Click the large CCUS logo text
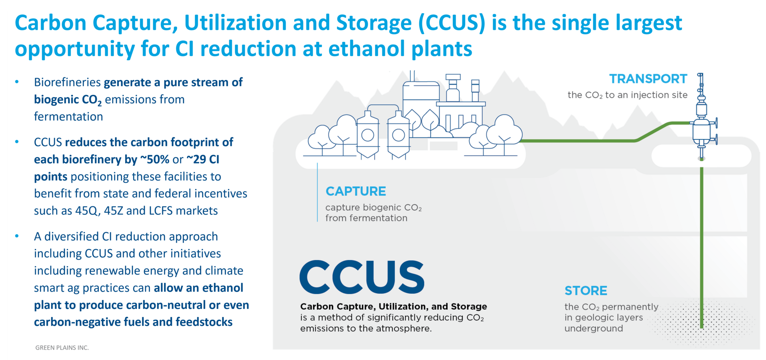click(362, 277)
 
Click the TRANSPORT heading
click(648, 79)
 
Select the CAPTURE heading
click(355, 191)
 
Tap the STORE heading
click(586, 291)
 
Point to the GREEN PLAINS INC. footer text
click(62, 348)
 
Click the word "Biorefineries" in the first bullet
click(67, 82)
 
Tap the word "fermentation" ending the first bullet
click(68, 117)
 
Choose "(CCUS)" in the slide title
click(452, 23)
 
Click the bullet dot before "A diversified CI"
click(17, 236)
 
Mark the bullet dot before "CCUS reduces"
click(17, 142)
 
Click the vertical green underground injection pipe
click(702, 247)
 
